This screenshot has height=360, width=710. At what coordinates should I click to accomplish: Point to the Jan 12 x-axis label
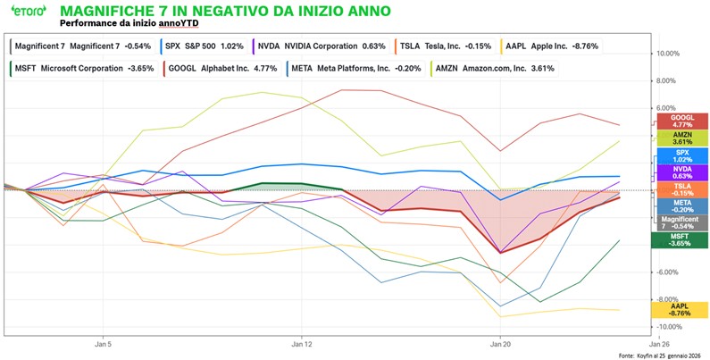(302, 343)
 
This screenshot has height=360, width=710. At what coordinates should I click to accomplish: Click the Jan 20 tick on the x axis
(500, 343)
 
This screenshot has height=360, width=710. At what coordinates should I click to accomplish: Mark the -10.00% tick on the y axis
(670, 327)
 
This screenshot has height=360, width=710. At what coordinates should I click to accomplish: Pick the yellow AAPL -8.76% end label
(682, 310)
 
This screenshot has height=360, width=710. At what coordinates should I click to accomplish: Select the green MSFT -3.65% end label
(682, 239)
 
